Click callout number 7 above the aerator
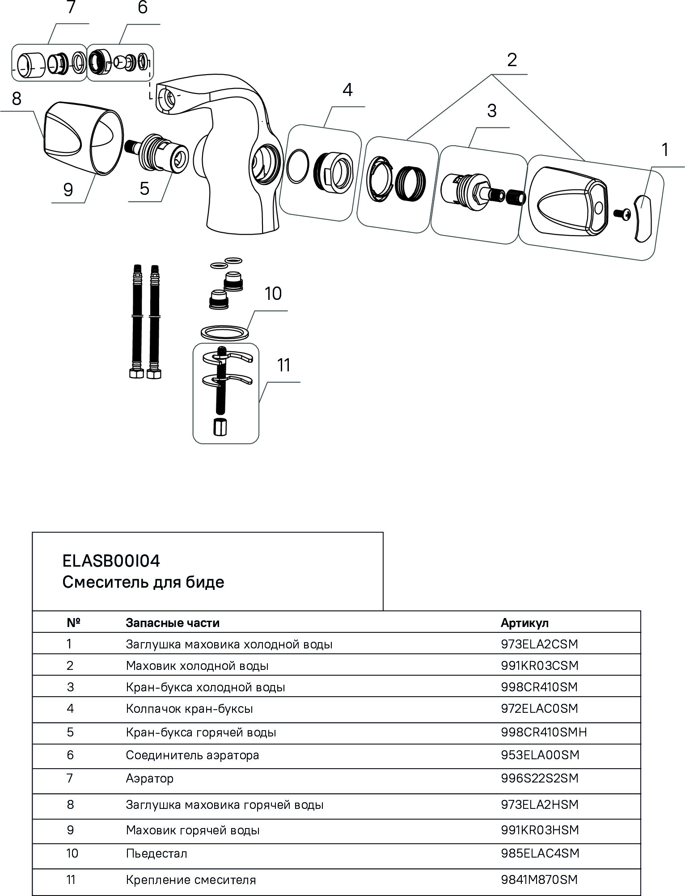pyautogui.click(x=71, y=8)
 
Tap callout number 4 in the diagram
pyautogui.click(x=347, y=90)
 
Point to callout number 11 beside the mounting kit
pyautogui.click(x=284, y=365)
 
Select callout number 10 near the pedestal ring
pyautogui.click(x=273, y=294)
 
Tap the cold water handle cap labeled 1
pyautogui.click(x=643, y=218)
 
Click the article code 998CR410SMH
pyautogui.click(x=543, y=732)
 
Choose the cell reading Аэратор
pyautogui.click(x=150, y=778)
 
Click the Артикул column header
pyautogui.click(x=524, y=623)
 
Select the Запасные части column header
pyautogui.click(x=173, y=623)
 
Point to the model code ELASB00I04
pyautogui.click(x=111, y=561)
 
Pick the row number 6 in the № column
pyautogui.click(x=70, y=755)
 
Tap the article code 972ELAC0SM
pyautogui.click(x=539, y=708)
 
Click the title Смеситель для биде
pyautogui.click(x=143, y=582)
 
